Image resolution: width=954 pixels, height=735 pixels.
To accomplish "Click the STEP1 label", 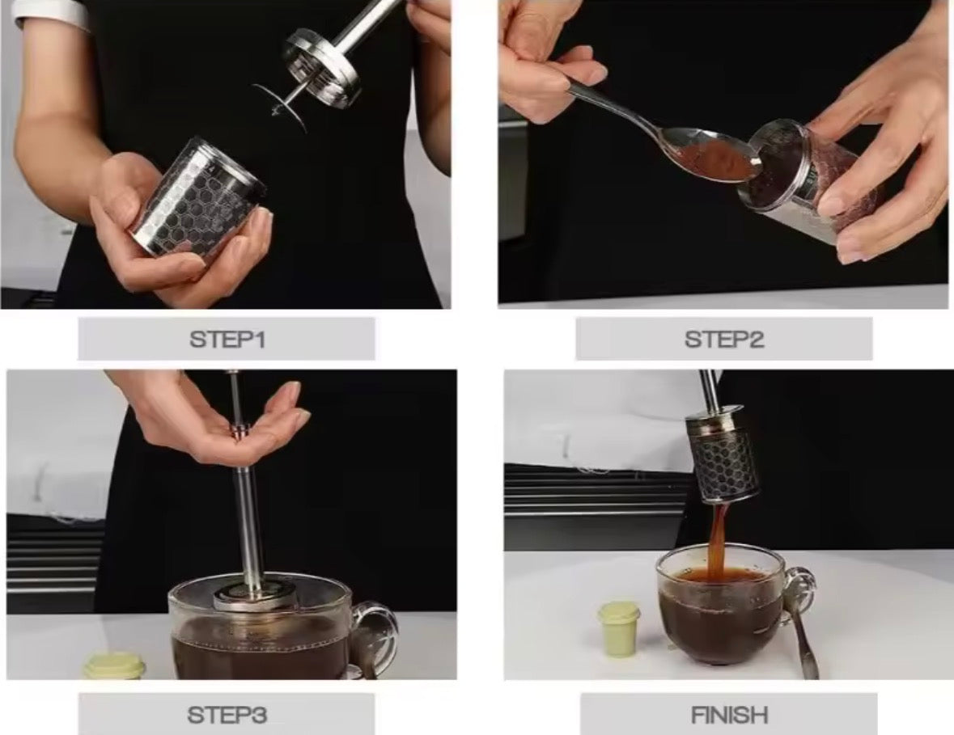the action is (227, 340).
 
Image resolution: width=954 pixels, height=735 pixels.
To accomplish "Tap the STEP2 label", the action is (724, 340).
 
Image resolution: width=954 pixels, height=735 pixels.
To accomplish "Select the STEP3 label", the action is (227, 715).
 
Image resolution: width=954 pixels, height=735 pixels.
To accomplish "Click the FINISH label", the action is (729, 715).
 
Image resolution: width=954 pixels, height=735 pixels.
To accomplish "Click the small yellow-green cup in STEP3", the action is (115, 665).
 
